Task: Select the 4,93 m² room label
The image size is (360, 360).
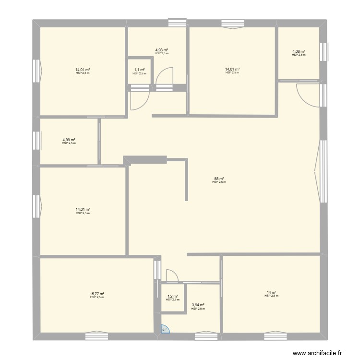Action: [161, 50]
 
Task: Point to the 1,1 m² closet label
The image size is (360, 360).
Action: [139, 70]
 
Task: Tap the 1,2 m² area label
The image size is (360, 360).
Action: [172, 296]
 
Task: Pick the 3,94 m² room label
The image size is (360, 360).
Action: [198, 305]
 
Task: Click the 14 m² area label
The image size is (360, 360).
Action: [271, 292]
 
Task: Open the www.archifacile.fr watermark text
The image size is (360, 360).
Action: [317, 351]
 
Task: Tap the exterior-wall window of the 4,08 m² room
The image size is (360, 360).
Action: [324, 52]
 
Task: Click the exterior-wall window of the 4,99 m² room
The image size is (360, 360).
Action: [36, 141]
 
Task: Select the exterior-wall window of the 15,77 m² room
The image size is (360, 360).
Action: [97, 335]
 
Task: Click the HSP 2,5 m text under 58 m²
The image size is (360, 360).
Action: [219, 182]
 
